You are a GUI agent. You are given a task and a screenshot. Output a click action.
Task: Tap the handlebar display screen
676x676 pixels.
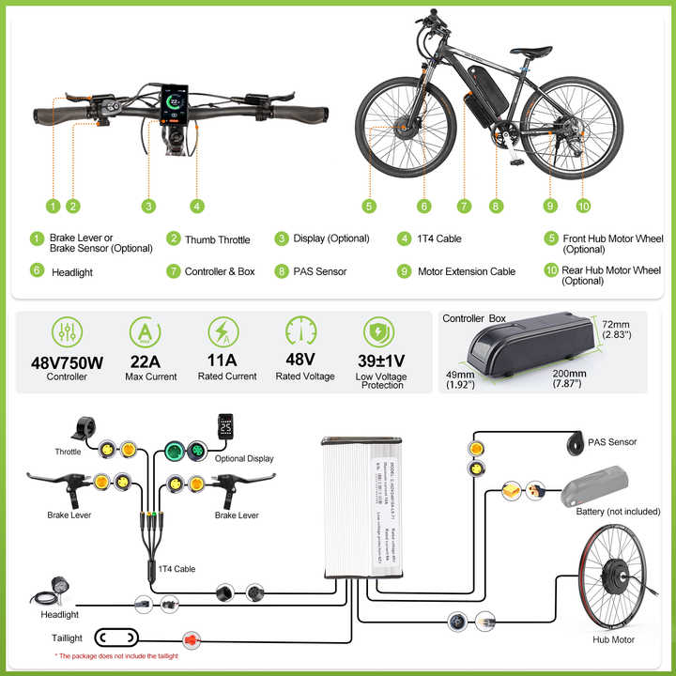point(176,107)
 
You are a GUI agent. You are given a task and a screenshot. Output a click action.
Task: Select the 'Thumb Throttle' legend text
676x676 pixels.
point(217,240)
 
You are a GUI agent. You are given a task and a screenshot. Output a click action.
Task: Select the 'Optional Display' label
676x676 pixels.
point(243,459)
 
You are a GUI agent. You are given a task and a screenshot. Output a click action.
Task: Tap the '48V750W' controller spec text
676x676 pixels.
point(67,361)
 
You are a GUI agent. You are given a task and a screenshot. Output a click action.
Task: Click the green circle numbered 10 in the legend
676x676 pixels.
point(551,271)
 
